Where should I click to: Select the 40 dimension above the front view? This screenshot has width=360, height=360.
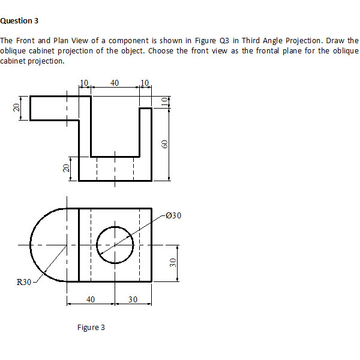coord(115,82)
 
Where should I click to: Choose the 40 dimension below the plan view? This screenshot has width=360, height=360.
coord(91,299)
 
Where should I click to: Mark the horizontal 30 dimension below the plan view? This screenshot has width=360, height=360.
coord(133,299)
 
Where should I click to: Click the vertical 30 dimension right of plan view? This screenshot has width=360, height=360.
coord(173,263)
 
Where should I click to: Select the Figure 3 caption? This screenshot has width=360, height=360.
coord(91,327)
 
